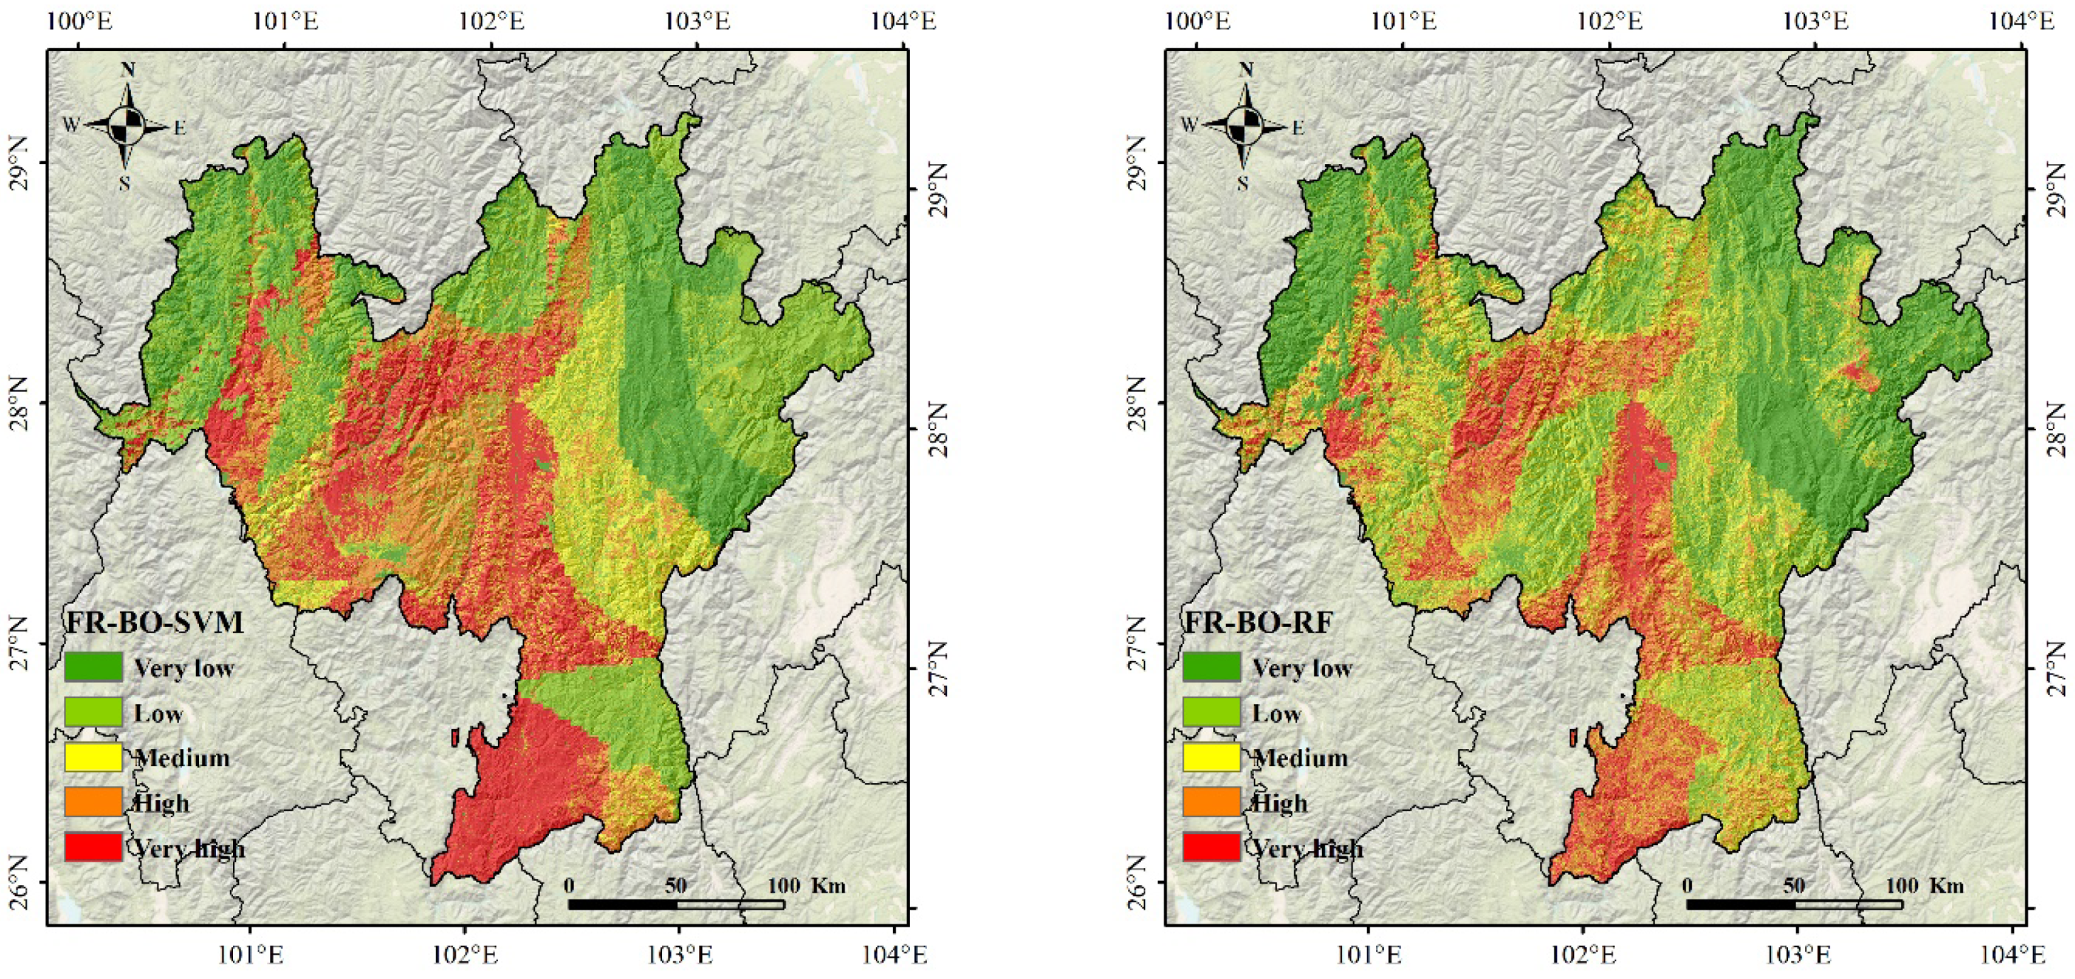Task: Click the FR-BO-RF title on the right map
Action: point(1257,623)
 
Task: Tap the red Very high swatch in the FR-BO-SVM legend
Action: point(94,847)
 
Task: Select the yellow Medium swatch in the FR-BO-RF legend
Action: point(1211,757)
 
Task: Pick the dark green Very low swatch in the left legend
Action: point(94,667)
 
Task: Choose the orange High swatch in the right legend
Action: point(1211,802)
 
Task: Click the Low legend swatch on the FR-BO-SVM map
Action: point(94,711)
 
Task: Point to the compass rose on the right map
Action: point(1245,125)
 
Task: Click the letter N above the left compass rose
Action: point(127,70)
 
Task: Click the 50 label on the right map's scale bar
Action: point(1794,885)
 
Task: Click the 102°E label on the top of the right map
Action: point(1610,21)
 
